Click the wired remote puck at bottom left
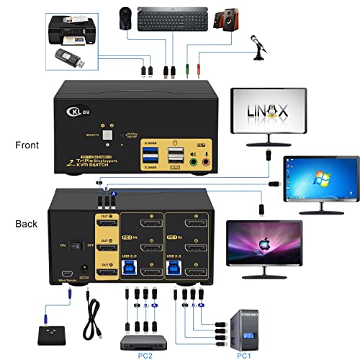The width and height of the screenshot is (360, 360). tap(51, 332)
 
